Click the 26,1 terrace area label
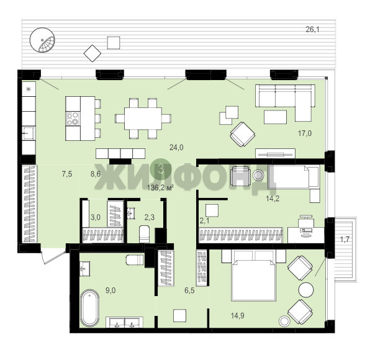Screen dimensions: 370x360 pyautogui.click(x=312, y=30)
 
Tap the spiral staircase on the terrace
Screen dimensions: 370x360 pyautogui.click(x=42, y=40)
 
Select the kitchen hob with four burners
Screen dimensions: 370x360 pyautogui.click(x=73, y=119)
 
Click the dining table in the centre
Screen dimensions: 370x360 pyautogui.click(x=143, y=119)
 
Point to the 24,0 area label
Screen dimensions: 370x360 pyautogui.click(x=176, y=148)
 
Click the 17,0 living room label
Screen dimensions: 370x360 pyautogui.click(x=305, y=133)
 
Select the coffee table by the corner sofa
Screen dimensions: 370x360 pyautogui.click(x=276, y=117)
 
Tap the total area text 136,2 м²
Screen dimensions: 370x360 pyautogui.click(x=160, y=188)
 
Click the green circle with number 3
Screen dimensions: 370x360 pyautogui.click(x=160, y=169)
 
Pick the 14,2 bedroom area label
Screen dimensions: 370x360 pyautogui.click(x=273, y=199)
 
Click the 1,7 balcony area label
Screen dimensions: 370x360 pyautogui.click(x=345, y=240)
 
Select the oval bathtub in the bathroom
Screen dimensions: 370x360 pyautogui.click(x=89, y=308)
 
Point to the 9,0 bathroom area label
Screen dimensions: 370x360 pyautogui.click(x=111, y=290)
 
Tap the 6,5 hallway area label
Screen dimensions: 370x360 pyautogui.click(x=189, y=290)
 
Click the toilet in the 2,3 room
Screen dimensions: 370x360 pyautogui.click(x=145, y=234)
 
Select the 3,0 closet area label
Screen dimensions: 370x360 pyautogui.click(x=96, y=217)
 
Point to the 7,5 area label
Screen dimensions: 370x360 pyautogui.click(x=67, y=174)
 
